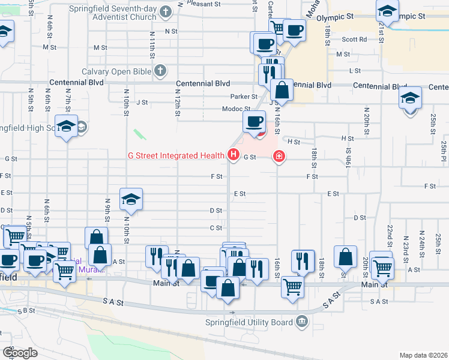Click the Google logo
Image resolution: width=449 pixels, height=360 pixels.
click(20, 353)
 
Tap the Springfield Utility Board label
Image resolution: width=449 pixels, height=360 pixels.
click(253, 322)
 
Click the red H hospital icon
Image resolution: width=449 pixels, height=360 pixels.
click(233, 156)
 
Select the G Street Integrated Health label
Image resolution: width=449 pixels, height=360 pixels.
click(176, 156)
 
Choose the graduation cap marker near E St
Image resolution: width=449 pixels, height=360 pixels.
click(131, 199)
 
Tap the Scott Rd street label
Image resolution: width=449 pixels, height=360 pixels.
click(354, 40)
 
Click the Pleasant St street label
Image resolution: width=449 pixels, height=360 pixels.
click(200, 3)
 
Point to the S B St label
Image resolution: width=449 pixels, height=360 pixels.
click(27, 310)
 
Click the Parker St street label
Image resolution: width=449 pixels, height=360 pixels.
click(244, 96)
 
